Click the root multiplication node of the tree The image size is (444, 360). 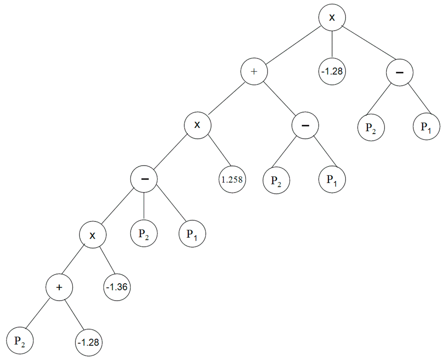point(332,17)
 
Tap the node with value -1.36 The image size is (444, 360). point(118,287)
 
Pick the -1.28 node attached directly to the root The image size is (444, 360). point(332,71)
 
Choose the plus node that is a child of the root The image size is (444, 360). point(255,71)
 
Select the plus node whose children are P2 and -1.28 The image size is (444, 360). point(60,287)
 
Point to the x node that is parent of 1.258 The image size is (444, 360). point(197,125)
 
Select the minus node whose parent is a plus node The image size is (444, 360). point(305,125)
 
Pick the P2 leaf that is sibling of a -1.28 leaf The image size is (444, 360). point(20,341)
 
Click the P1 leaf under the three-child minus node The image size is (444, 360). point(193,234)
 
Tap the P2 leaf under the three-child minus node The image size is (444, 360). point(144,234)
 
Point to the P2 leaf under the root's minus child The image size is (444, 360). point(371,128)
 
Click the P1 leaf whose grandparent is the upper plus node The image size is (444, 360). point(332,180)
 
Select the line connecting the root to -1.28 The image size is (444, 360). point(332,44)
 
